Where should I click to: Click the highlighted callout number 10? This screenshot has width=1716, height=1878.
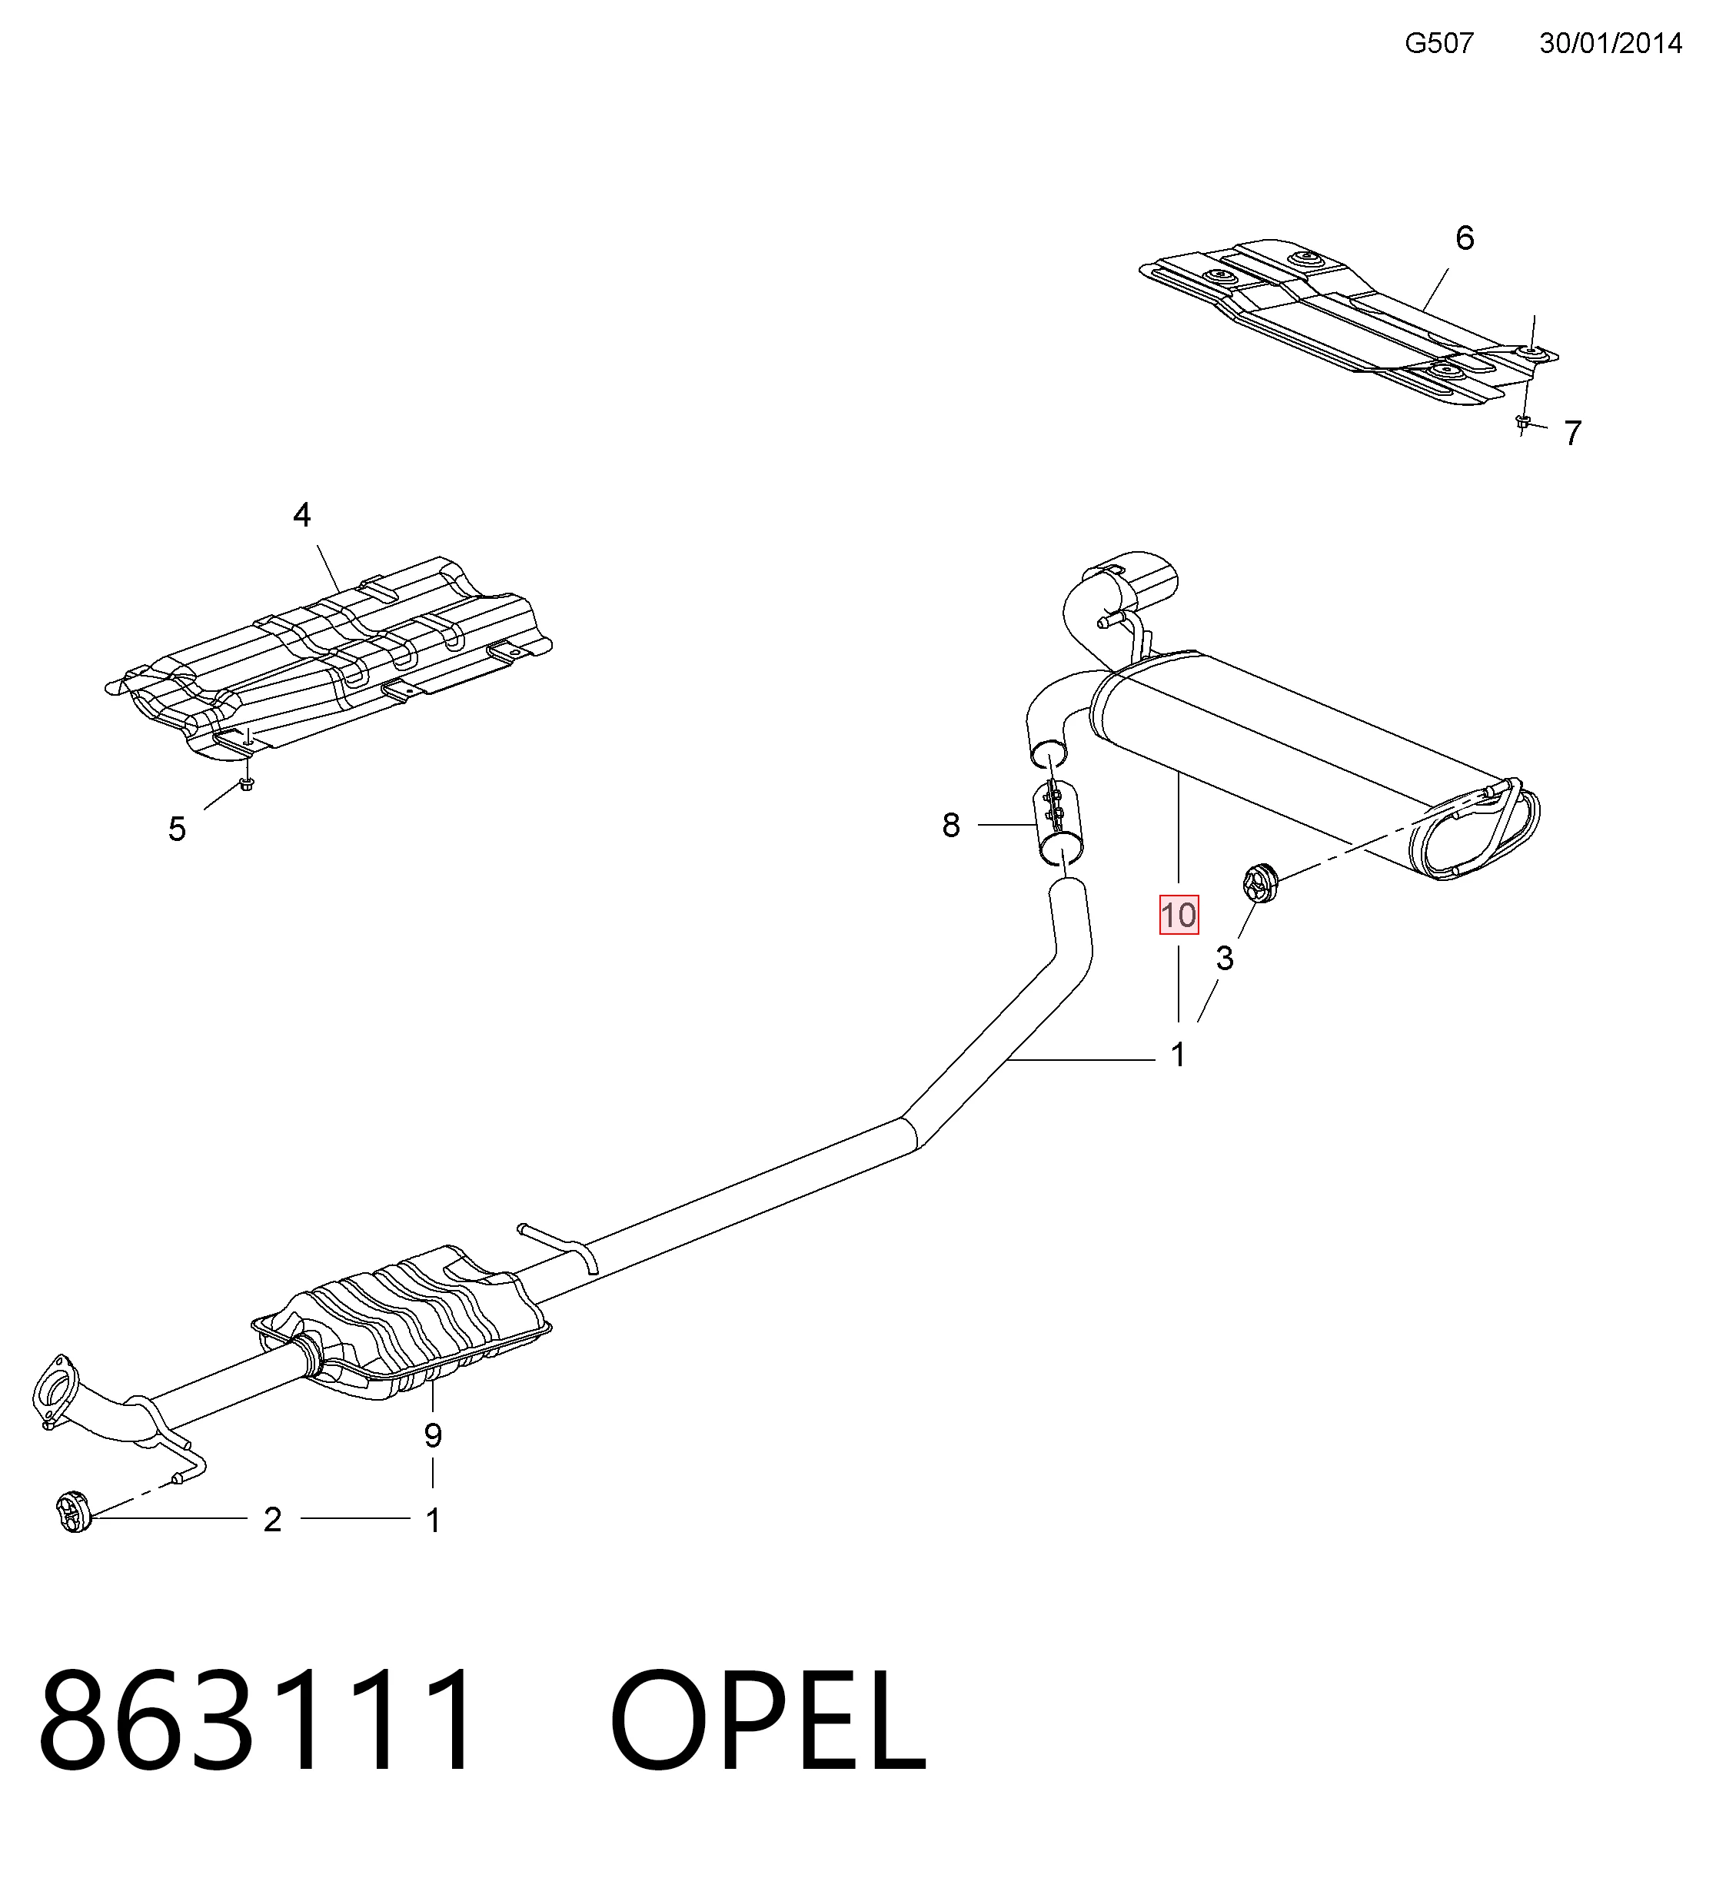(1178, 915)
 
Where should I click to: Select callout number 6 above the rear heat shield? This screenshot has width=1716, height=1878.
(1465, 238)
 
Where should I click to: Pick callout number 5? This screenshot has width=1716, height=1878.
(177, 828)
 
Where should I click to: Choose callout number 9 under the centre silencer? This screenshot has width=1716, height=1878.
(432, 1435)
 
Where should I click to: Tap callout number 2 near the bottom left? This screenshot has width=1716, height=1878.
(272, 1519)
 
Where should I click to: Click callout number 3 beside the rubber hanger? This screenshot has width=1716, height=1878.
(1224, 958)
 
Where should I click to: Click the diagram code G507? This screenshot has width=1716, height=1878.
(1439, 43)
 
